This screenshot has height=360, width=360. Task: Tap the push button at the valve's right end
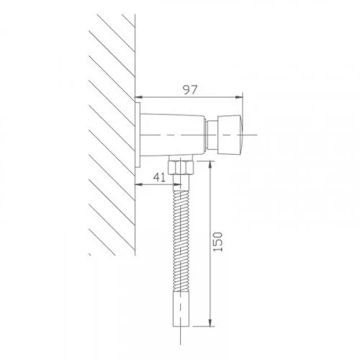tap(233, 134)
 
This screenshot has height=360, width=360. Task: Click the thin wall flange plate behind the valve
tap(138, 135)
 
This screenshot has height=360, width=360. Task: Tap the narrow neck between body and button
tap(212, 134)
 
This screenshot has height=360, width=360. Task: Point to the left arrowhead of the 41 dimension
tap(139, 182)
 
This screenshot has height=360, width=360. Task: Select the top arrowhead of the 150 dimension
tap(210, 165)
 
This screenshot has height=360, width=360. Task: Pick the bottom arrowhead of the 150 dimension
tap(210, 323)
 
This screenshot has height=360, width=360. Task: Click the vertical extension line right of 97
tap(244, 108)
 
